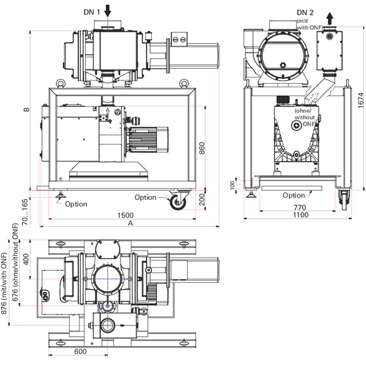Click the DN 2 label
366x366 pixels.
pos(306,12)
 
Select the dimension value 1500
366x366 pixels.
pos(125,214)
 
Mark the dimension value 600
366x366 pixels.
pos(80,351)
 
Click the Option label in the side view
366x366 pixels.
pos(293,195)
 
